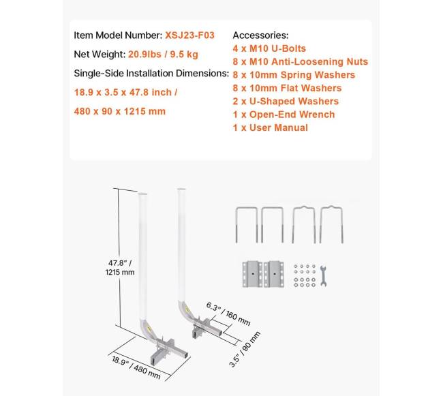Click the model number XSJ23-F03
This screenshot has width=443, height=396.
click(x=194, y=35)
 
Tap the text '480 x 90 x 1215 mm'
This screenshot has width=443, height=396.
click(x=120, y=111)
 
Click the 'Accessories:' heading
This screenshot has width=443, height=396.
click(x=260, y=35)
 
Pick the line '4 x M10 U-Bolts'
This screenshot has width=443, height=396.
click(x=270, y=48)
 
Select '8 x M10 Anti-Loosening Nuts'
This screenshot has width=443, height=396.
click(x=301, y=61)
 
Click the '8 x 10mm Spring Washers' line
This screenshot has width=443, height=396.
click(x=294, y=74)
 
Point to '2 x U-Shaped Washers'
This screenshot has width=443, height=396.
click(x=286, y=101)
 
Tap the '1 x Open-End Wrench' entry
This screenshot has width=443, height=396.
click(x=284, y=114)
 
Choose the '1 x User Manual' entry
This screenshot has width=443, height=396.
click(x=271, y=127)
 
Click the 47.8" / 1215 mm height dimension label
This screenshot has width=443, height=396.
click(x=119, y=266)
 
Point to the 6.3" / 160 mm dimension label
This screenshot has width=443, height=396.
click(x=228, y=313)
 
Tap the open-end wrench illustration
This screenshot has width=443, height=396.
click(x=323, y=274)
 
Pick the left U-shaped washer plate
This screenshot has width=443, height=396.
click(x=251, y=274)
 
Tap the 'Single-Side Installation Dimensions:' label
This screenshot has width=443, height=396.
click(x=151, y=73)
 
